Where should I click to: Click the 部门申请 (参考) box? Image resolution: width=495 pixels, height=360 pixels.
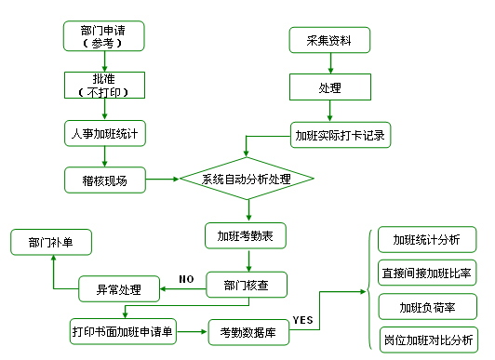tap(104, 36)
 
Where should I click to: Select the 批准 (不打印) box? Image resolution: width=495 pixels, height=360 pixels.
tap(104, 85)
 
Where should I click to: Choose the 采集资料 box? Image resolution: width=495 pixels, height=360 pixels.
tap(329, 40)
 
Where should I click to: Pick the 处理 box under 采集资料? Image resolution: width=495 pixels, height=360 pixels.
tap(329, 88)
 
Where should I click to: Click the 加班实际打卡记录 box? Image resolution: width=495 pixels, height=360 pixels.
tap(339, 135)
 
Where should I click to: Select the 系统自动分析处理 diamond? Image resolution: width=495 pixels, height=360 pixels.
tap(247, 178)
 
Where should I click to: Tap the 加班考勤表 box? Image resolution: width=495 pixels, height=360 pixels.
tap(246, 234)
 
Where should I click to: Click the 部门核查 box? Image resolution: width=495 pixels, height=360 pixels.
tap(247, 286)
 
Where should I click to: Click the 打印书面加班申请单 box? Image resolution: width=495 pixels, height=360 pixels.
tap(126, 330)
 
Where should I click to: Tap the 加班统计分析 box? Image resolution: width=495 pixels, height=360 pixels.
tap(426, 240)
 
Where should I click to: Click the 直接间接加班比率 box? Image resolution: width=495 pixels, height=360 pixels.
tap(426, 273)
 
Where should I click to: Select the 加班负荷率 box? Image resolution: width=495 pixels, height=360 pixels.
tap(426, 306)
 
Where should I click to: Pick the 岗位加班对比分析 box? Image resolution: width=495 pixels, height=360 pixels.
tap(426, 339)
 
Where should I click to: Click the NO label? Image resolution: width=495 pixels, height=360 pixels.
tap(185, 278)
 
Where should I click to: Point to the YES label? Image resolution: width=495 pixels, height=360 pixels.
tap(303, 320)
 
